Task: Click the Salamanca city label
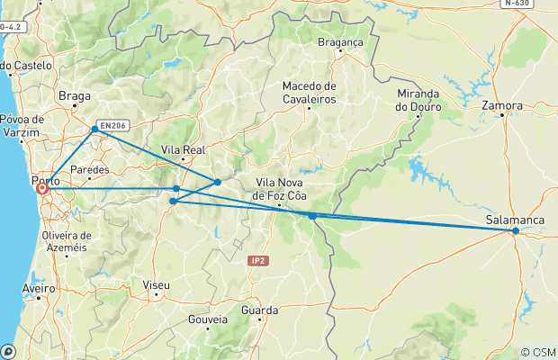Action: click(515, 220)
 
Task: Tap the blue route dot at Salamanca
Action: click(516, 231)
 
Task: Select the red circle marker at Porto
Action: click(41, 189)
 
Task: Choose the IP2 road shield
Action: click(258, 260)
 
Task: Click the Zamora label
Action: click(502, 105)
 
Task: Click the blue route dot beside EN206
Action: click(94, 130)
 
